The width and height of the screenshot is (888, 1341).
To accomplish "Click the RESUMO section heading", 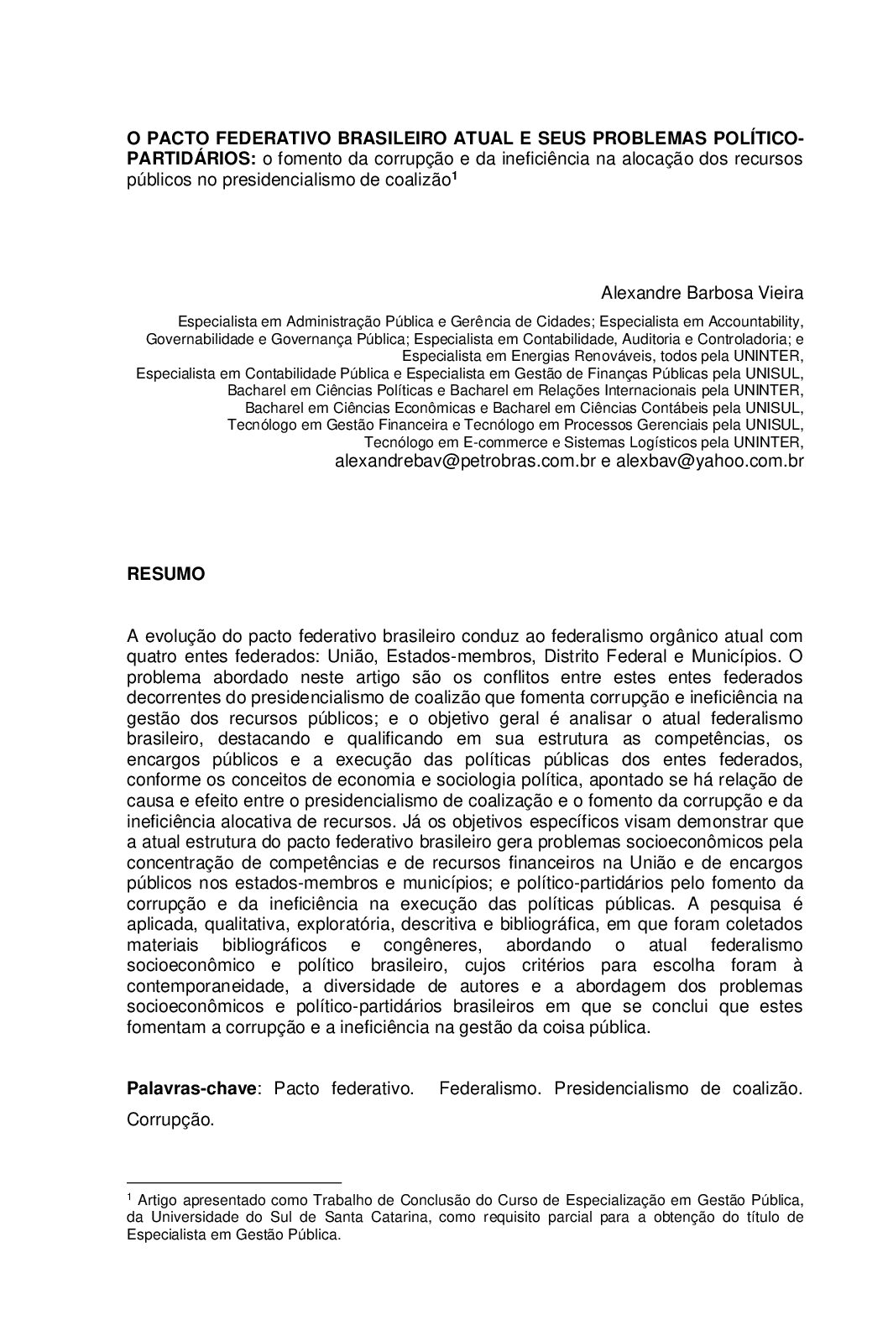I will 165,575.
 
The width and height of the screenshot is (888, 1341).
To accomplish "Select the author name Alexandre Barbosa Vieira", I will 702,293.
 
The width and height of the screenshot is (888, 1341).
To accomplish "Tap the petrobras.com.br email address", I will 465,461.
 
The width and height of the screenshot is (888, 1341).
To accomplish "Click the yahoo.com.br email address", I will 709,461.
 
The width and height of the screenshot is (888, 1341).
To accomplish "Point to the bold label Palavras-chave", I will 191,1088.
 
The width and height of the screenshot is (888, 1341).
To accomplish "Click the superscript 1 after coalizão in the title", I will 454,176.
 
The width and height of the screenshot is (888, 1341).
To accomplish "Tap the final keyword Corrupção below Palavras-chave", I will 170,1120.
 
